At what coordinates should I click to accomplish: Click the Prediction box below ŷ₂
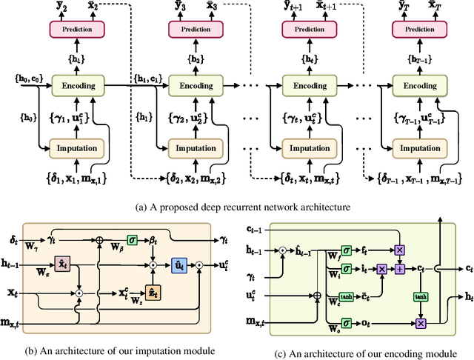point(78,28)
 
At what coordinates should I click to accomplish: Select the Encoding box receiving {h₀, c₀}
point(78,85)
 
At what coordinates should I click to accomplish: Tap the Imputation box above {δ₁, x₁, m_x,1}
point(78,147)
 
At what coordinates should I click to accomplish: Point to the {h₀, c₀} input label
point(28,77)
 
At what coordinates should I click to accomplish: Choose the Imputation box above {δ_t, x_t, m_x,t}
point(310,147)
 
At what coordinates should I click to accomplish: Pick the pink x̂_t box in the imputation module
point(63,264)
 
